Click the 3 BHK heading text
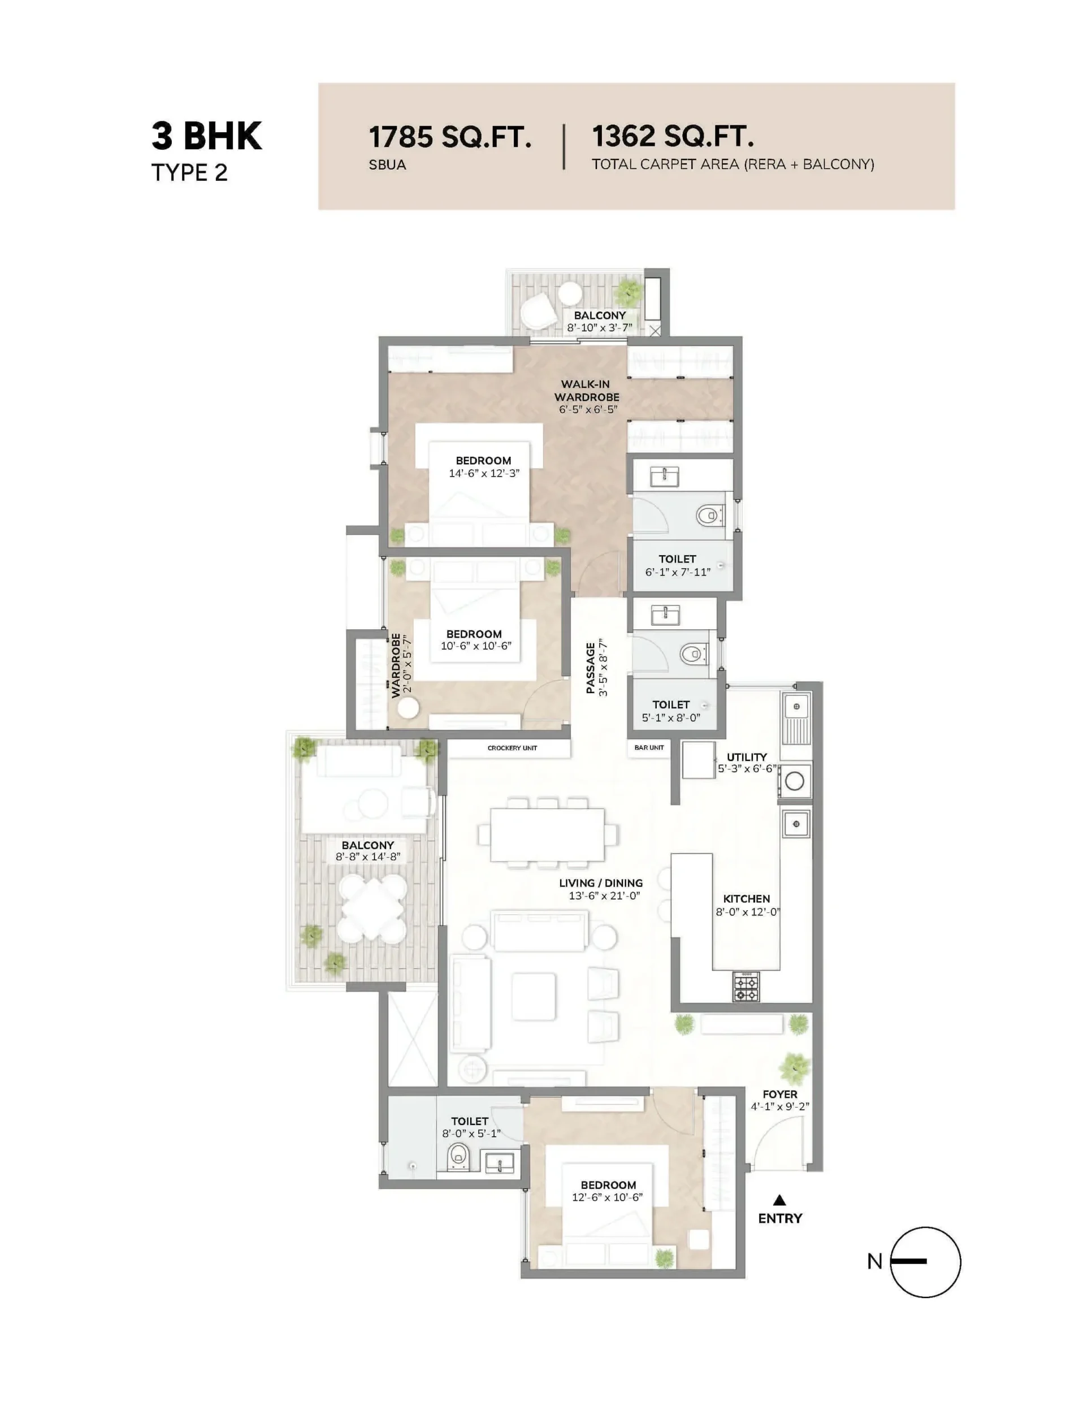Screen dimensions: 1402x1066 (206, 136)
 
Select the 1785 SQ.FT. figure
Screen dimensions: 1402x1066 (450, 137)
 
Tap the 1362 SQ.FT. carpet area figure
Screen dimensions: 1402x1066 (673, 136)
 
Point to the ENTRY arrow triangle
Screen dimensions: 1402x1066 (779, 1200)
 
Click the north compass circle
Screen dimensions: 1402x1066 (925, 1262)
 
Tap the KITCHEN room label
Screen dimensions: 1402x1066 (746, 899)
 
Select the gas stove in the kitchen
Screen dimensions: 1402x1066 (746, 987)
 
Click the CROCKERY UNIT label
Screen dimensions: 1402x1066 (512, 748)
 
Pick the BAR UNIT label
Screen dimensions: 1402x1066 (649, 748)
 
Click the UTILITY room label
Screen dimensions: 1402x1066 (747, 756)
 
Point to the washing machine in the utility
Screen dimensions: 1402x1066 (795, 781)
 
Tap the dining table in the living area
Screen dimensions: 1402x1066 (547, 834)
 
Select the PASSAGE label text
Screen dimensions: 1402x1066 (591, 668)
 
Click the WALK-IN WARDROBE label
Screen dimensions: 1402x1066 (586, 390)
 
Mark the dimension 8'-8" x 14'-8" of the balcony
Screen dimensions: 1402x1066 (368, 857)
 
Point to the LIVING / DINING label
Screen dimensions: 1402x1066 (601, 883)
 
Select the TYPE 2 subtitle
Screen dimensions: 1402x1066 (189, 173)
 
